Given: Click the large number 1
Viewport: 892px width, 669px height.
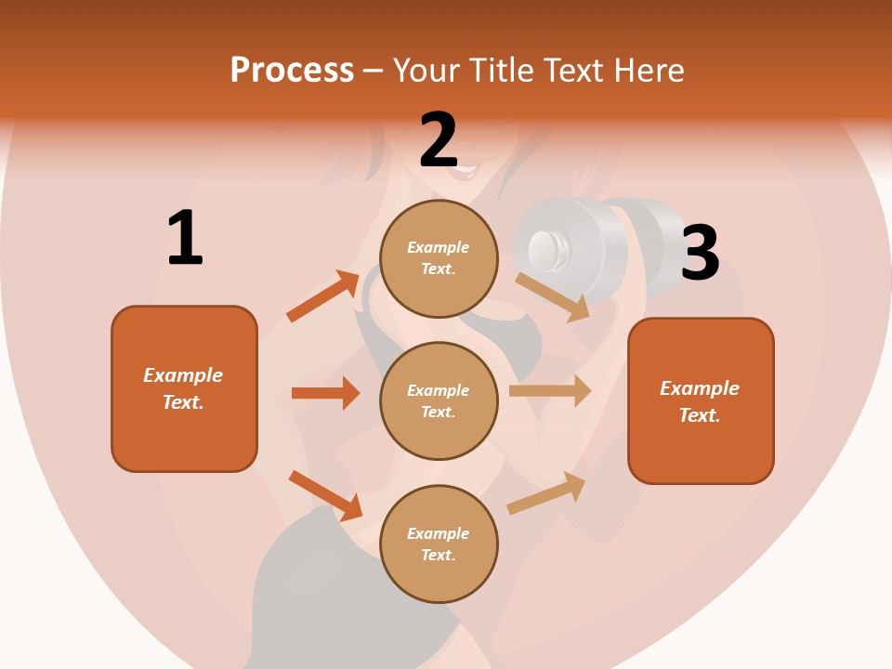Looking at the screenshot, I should (185, 239).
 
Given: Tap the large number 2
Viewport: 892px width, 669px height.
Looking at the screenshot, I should (439, 140).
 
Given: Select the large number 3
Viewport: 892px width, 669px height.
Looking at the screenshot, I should (700, 253).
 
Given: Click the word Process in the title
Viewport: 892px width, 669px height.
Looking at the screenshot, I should (292, 71).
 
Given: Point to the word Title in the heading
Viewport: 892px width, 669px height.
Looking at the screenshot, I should (502, 71).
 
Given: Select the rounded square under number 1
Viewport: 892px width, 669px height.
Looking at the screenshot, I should (184, 388).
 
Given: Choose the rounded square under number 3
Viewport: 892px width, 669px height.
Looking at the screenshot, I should (701, 400).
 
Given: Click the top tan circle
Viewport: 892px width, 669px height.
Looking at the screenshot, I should (439, 257).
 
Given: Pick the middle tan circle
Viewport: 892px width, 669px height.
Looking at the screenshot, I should (439, 400).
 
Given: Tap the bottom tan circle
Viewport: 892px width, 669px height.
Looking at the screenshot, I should (439, 544).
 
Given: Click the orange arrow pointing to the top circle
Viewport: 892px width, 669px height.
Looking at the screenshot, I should (323, 297).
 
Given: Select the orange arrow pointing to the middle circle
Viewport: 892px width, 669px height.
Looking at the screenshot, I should (325, 393).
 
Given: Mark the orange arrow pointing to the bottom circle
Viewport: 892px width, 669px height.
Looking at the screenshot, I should (325, 495).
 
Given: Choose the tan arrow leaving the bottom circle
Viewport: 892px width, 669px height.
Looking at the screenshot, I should (546, 493).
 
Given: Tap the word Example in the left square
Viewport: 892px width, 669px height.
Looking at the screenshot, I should (183, 375).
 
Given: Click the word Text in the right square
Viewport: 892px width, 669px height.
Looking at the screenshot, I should (699, 415).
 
